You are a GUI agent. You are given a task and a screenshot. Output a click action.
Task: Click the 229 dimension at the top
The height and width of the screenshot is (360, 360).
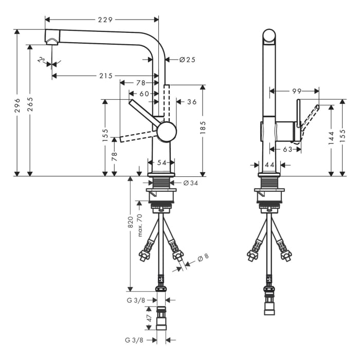coord(106,20)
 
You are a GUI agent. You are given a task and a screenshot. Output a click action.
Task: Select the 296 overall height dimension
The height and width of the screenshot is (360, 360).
coord(17,102)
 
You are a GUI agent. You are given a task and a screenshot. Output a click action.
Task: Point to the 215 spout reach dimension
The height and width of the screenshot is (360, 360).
coord(105,76)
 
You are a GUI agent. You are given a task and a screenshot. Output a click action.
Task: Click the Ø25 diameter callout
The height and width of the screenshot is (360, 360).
coord(187,60)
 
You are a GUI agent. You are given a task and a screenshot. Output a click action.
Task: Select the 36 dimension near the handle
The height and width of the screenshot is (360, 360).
coord(191,102)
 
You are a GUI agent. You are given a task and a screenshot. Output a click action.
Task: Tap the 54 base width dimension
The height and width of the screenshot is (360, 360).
coord(161,163)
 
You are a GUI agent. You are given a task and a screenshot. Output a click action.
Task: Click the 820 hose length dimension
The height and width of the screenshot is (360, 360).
coord(131,222)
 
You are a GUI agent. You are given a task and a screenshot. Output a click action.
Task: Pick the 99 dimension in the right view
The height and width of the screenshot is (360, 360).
coord(297,91)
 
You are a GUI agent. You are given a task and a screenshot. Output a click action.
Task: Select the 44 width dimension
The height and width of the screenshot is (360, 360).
coord(270,165)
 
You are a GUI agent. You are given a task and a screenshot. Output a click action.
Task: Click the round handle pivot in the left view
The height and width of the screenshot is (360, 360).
coord(167,132)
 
